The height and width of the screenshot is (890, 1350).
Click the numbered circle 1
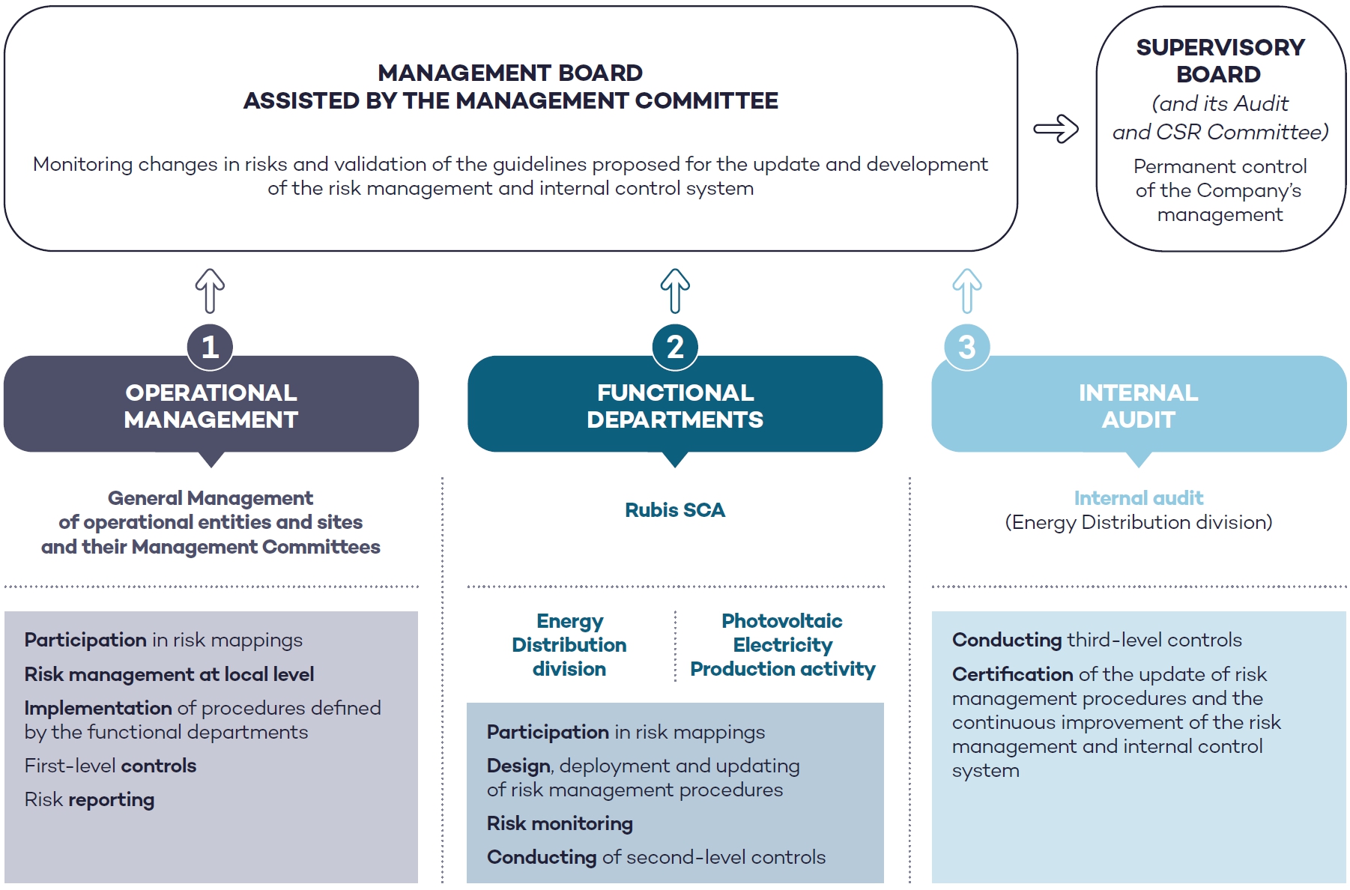tap(210, 347)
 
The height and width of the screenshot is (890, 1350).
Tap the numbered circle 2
tap(675, 347)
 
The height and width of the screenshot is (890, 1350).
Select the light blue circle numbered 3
tap(967, 347)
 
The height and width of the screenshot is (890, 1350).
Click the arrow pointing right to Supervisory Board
tap(1056, 129)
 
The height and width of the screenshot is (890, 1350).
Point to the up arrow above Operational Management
tap(210, 291)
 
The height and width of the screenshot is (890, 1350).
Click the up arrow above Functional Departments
tap(675, 291)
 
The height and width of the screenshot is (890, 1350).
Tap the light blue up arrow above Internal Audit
tap(967, 291)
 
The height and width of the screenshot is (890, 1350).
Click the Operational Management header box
tap(211, 405)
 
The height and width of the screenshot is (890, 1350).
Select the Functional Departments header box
tap(675, 405)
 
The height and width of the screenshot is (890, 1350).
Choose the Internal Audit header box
tap(1139, 405)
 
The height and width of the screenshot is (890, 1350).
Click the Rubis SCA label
tap(675, 510)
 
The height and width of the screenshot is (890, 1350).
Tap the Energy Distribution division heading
tap(569, 645)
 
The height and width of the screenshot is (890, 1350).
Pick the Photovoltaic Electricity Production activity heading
tap(782, 645)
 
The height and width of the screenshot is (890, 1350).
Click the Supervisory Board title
tap(1220, 61)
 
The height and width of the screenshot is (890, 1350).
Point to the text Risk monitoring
tap(560, 823)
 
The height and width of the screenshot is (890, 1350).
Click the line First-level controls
tap(110, 766)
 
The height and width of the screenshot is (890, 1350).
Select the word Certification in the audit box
tap(1012, 674)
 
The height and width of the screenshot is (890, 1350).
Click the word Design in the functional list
tap(518, 766)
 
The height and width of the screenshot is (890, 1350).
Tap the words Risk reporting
tap(89, 800)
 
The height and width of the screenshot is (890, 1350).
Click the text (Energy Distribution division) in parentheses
tap(1139, 522)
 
